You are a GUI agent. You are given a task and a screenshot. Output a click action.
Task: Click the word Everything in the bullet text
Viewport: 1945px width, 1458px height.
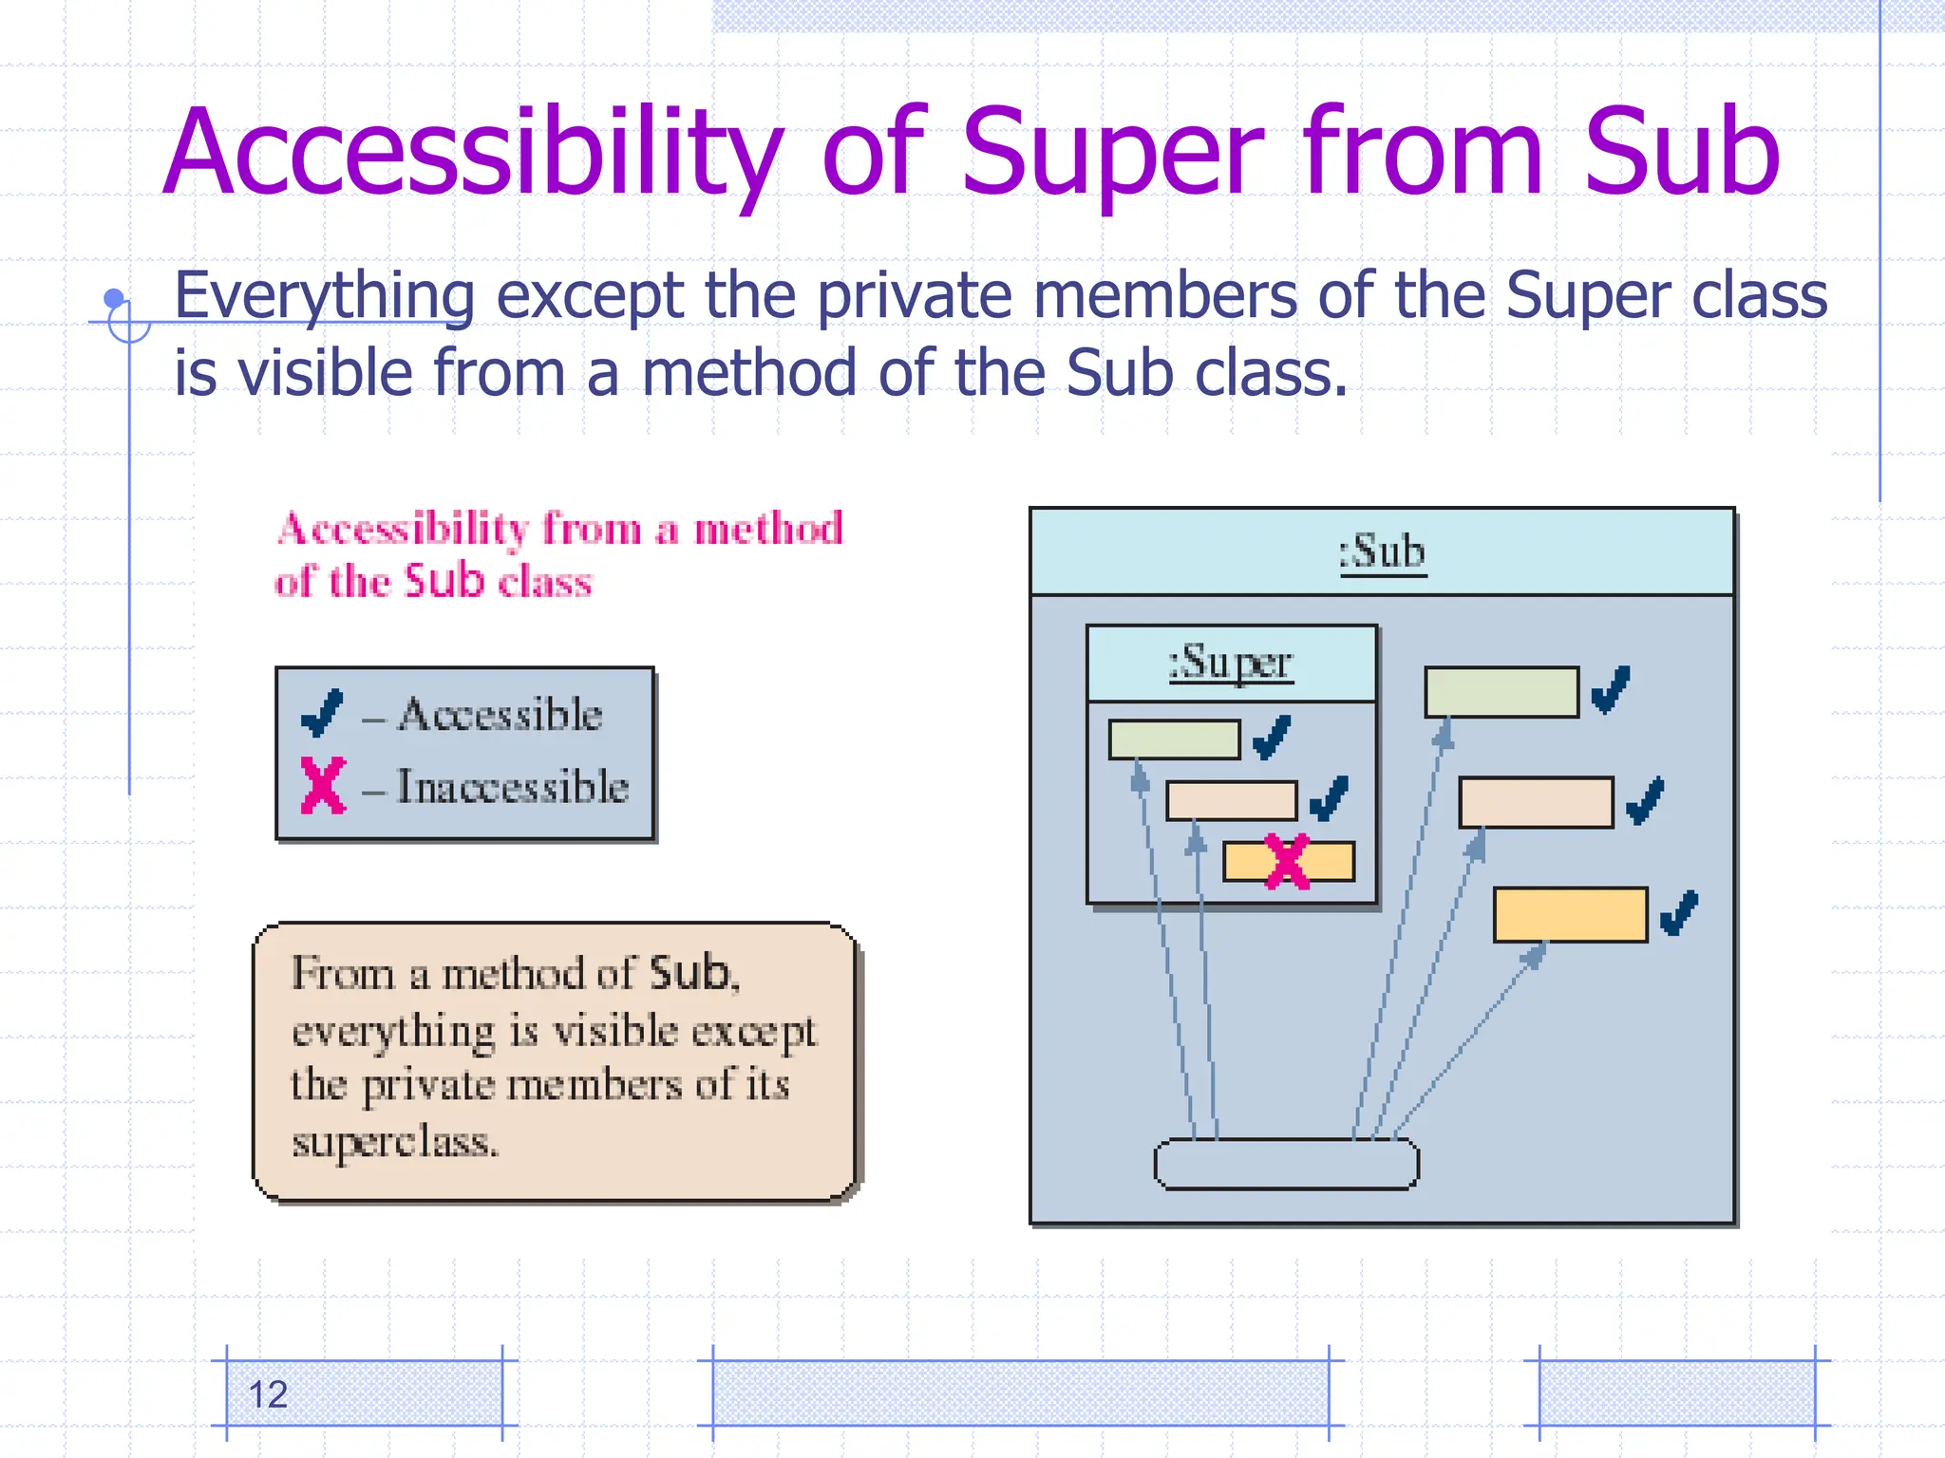click(x=324, y=295)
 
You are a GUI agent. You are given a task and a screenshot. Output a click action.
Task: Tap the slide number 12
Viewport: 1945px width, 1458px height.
click(x=268, y=1394)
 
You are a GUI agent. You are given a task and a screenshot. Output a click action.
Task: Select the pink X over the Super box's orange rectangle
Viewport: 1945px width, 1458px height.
click(x=1288, y=862)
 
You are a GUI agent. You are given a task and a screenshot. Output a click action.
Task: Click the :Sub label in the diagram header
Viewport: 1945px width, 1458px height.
click(x=1382, y=551)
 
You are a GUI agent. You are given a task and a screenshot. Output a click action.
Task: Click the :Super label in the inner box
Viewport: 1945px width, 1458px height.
click(x=1231, y=663)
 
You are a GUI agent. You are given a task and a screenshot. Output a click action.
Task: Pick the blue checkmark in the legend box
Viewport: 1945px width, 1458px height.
click(x=322, y=714)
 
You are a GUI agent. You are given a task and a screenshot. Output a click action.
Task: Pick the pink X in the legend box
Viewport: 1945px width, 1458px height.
click(x=323, y=785)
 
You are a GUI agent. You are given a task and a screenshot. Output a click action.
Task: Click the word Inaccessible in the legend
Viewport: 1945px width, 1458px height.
click(x=512, y=787)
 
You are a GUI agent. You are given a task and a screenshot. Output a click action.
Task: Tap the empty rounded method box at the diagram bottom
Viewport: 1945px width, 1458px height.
click(x=1286, y=1164)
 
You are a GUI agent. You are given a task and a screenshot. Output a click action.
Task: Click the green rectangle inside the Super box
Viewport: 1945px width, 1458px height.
click(x=1174, y=739)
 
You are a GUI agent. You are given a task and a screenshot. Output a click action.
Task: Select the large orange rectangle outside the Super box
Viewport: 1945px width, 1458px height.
click(x=1570, y=915)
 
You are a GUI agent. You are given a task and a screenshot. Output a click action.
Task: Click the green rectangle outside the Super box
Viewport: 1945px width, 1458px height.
click(x=1501, y=692)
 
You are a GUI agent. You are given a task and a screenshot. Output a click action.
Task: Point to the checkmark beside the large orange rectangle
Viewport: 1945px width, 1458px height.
click(x=1679, y=913)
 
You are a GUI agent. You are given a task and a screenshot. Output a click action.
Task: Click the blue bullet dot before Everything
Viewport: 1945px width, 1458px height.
click(x=114, y=298)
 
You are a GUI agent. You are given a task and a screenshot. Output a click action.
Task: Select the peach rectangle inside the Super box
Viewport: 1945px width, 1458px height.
click(x=1231, y=800)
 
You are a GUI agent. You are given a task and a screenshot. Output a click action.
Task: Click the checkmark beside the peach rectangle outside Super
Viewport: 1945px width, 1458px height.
click(x=1645, y=800)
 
